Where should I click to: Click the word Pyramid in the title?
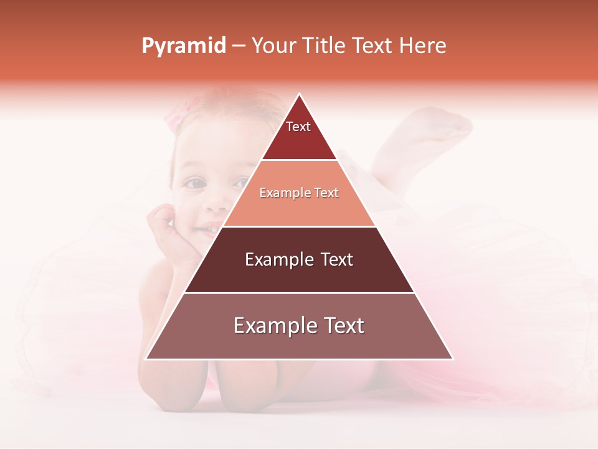point(184,46)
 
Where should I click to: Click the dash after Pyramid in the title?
point(239,46)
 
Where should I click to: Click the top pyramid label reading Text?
point(298,127)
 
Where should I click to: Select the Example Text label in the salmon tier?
point(299,193)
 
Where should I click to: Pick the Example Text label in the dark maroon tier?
point(299,259)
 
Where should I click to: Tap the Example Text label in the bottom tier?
point(299,326)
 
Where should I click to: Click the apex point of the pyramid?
point(300,94)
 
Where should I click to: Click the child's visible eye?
point(196,183)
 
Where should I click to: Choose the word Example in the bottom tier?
point(268,326)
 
